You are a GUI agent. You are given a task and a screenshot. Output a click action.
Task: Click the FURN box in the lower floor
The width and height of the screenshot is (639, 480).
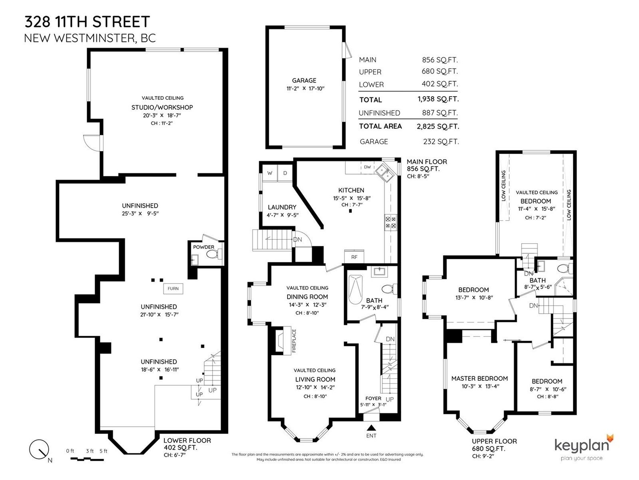[x=173, y=288]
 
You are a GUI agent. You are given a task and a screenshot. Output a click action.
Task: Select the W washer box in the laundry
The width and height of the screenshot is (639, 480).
[x=270, y=173]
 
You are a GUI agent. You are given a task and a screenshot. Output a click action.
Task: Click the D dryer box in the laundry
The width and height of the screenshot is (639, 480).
[x=285, y=173]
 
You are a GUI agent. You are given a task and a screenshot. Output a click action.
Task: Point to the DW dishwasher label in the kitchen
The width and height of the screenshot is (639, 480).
[x=367, y=167]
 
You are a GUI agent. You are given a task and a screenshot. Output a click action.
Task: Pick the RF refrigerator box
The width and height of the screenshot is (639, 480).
[x=354, y=256]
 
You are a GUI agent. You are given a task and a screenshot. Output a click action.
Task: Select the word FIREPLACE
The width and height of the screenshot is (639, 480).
[x=294, y=341]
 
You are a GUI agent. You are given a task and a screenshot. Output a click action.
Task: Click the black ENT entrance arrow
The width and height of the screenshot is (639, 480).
[x=371, y=428]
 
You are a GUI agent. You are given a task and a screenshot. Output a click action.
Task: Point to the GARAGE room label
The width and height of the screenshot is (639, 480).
[x=304, y=80]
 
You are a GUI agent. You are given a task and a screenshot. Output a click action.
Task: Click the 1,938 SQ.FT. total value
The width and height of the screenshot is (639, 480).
[x=438, y=99]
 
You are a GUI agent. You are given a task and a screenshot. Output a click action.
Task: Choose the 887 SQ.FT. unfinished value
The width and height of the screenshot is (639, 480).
[x=440, y=112]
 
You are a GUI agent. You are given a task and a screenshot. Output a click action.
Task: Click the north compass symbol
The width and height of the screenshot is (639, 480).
[x=39, y=449]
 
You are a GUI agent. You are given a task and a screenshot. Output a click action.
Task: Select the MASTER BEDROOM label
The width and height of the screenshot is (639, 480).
[x=480, y=378]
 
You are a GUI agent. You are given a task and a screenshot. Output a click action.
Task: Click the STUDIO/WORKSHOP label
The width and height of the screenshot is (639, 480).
[x=162, y=107]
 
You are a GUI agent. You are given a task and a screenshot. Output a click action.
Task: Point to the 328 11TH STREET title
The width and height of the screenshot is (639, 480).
[x=87, y=22]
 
